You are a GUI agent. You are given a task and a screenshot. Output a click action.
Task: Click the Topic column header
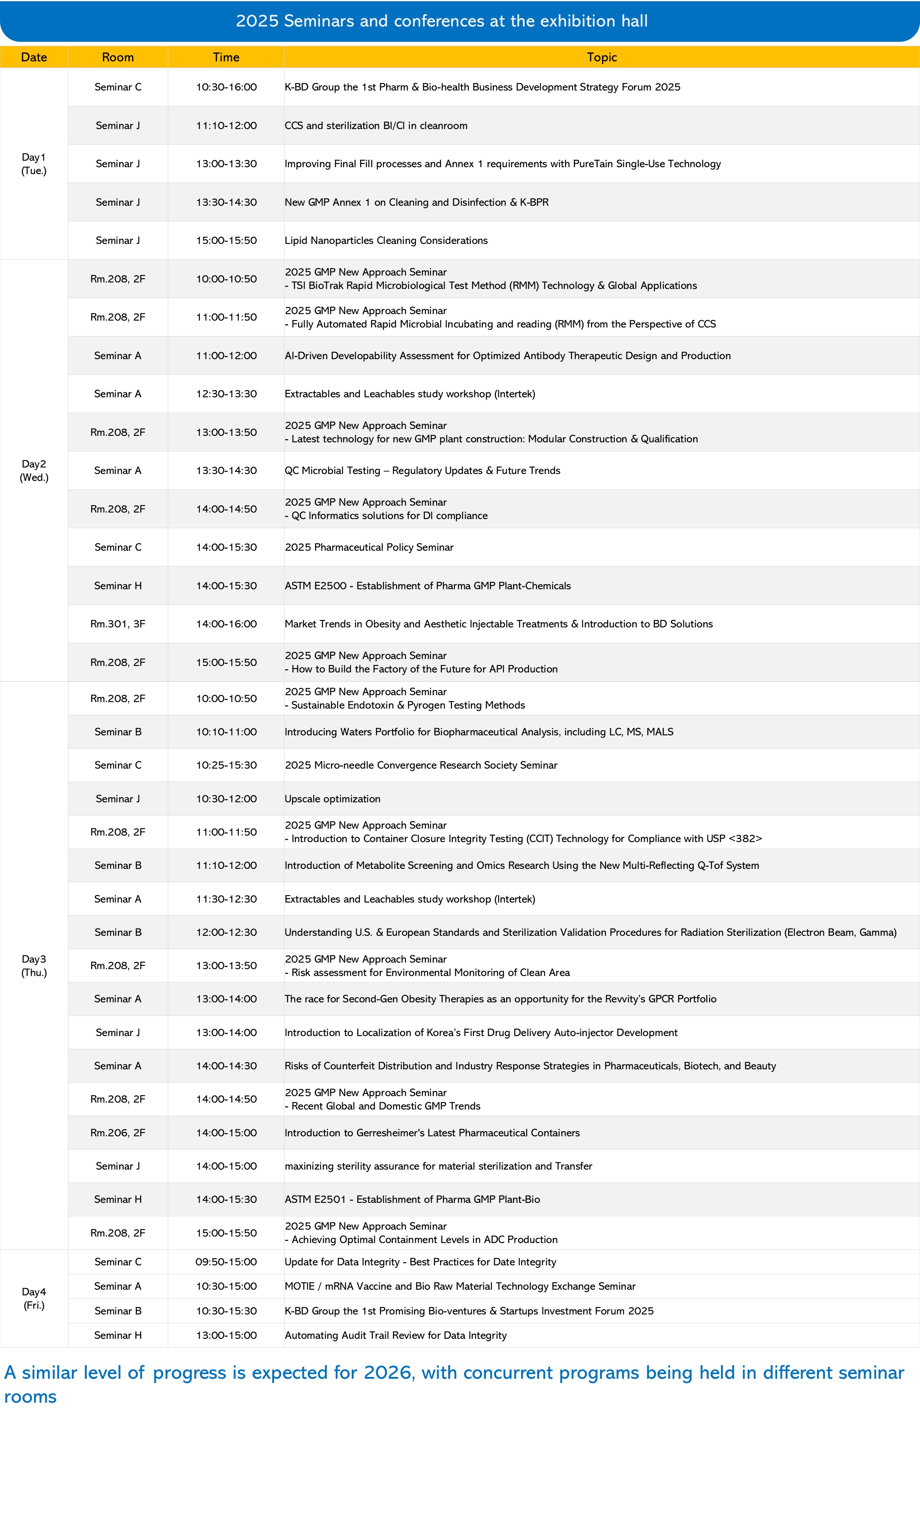click(x=601, y=57)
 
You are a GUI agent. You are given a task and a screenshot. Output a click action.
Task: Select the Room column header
click(x=118, y=57)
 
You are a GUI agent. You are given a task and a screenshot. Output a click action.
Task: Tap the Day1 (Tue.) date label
click(x=34, y=164)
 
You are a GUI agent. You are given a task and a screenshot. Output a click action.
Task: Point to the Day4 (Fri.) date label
click(x=34, y=1298)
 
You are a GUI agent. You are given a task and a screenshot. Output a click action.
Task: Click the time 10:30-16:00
click(x=226, y=87)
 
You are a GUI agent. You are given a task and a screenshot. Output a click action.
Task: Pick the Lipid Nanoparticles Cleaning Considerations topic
click(x=386, y=241)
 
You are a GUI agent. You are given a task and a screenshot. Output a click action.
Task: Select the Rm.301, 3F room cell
click(x=118, y=624)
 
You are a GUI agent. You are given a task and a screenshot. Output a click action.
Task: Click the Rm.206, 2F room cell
click(x=118, y=1133)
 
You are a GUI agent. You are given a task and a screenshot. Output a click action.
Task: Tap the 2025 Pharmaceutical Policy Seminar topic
click(x=369, y=547)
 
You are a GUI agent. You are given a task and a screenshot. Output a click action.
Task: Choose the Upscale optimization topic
click(x=332, y=799)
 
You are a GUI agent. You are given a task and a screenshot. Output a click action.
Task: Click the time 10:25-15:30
click(x=226, y=765)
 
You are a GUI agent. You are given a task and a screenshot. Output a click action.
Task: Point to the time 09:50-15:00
click(x=226, y=1262)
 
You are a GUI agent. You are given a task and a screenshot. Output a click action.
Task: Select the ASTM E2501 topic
click(x=412, y=1199)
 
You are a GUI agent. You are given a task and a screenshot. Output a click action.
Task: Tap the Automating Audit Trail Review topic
click(x=396, y=1335)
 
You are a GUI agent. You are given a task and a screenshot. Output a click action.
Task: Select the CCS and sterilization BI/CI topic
click(x=376, y=125)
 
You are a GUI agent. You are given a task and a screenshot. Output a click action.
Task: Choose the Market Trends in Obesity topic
click(x=499, y=624)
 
